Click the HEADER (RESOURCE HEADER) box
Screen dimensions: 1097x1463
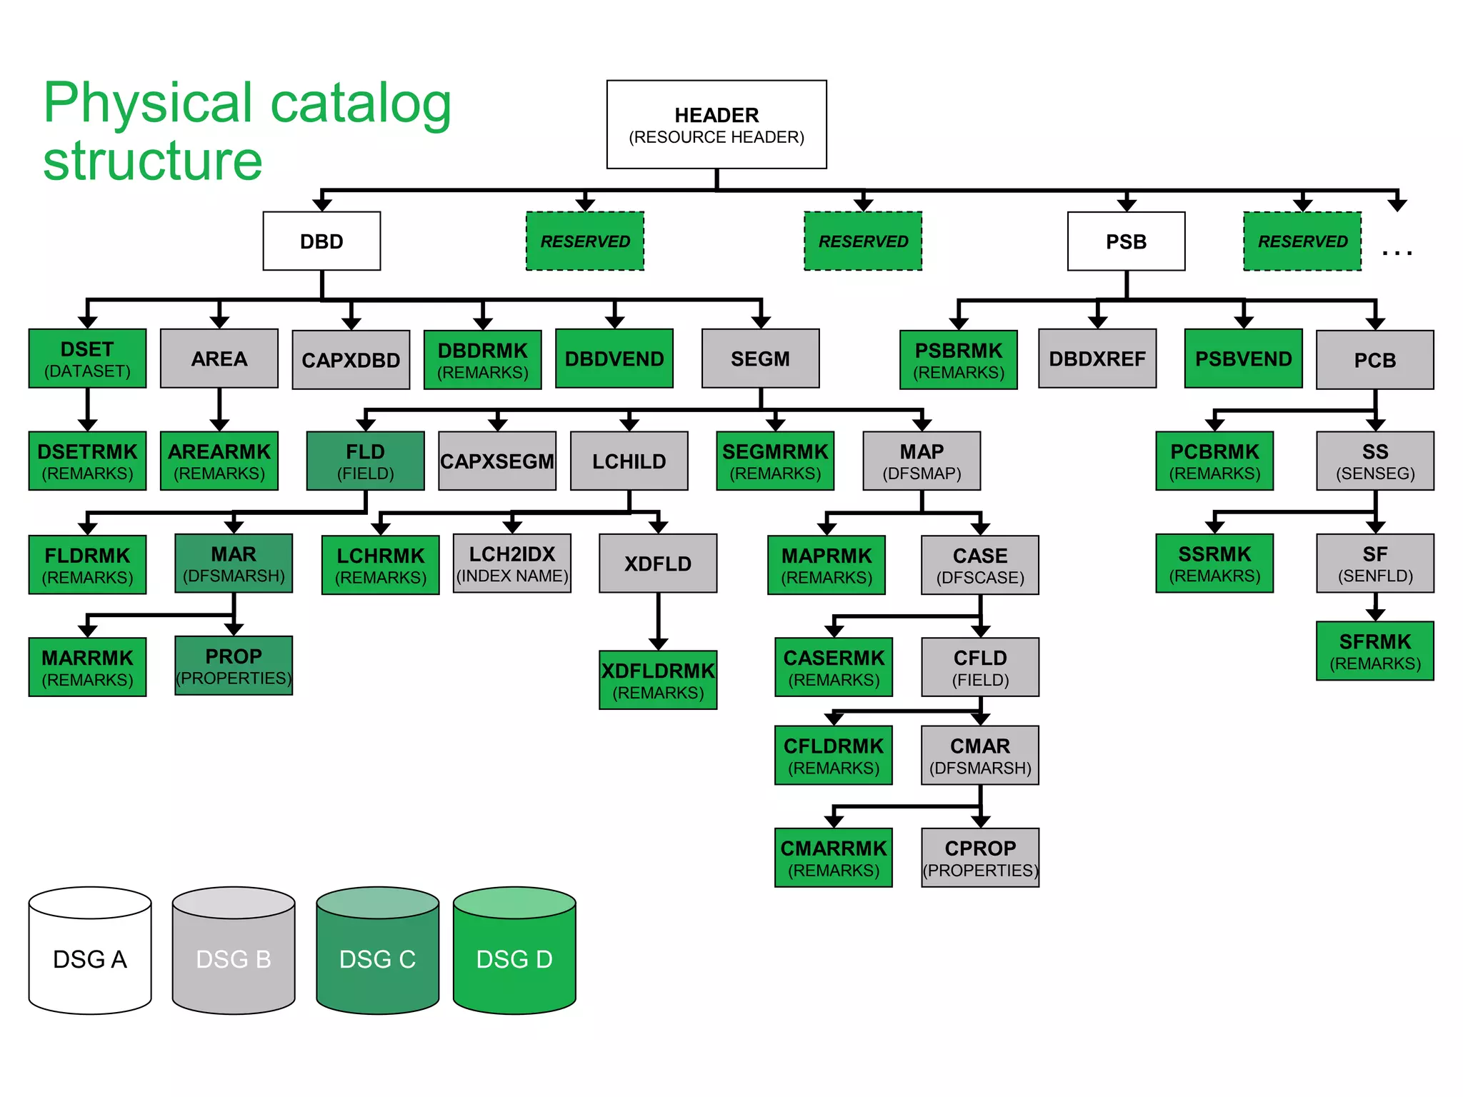(716, 124)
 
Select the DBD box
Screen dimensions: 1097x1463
(321, 241)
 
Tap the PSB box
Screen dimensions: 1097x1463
(1126, 241)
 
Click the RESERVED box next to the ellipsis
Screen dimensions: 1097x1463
(1302, 241)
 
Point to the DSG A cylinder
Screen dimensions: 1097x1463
(90, 957)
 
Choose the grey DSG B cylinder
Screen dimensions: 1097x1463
(234, 957)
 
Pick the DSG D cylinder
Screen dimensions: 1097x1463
(514, 957)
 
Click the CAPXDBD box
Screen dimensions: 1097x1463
(351, 359)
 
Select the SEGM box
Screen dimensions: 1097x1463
(760, 359)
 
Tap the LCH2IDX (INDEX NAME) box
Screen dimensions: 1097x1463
(511, 563)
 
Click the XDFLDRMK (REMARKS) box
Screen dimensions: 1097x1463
(658, 680)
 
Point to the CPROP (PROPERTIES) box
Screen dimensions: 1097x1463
(980, 858)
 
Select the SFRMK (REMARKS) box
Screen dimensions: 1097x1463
(1374, 651)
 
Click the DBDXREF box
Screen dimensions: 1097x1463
(1097, 359)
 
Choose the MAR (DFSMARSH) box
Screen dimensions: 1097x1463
(234, 563)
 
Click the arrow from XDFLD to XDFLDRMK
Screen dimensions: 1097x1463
(658, 621)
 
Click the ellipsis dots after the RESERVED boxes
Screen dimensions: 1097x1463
(1397, 252)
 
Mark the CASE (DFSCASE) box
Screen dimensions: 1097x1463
(980, 565)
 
